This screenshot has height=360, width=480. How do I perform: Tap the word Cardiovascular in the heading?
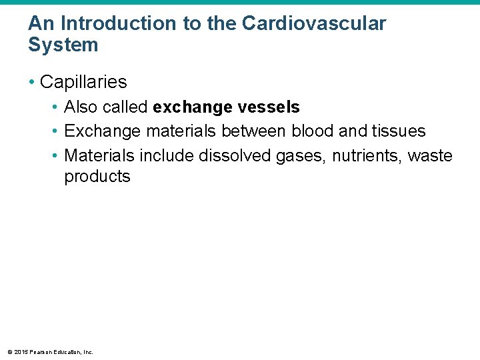point(313,23)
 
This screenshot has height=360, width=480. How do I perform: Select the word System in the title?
point(63,45)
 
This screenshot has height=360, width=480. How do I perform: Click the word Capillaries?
point(83,82)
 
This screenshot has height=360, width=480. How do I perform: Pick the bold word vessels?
point(269,107)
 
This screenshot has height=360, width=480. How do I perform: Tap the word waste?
point(430,156)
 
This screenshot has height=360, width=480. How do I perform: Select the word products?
point(97,177)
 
